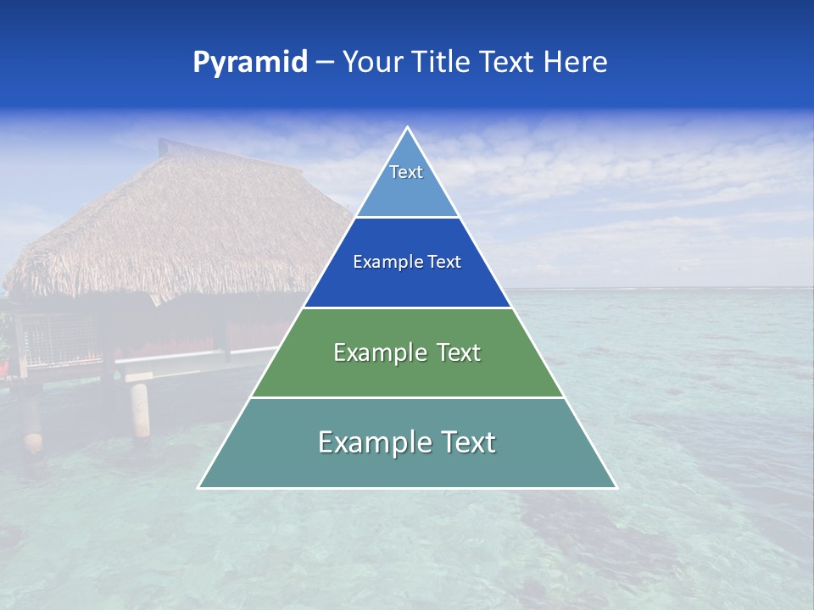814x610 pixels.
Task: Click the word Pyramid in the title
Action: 249,63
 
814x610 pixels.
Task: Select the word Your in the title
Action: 372,63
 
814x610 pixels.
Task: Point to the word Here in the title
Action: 576,63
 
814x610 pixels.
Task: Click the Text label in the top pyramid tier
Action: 406,172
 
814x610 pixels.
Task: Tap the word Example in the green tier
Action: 377,352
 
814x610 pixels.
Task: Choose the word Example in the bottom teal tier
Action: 370,442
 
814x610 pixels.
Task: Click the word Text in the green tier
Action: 454,352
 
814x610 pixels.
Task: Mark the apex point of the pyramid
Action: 408,128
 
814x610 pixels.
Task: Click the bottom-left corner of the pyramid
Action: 199,487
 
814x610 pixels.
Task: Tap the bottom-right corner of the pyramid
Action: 616,487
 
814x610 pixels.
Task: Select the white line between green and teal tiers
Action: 408,397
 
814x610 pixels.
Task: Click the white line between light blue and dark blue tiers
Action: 408,217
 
